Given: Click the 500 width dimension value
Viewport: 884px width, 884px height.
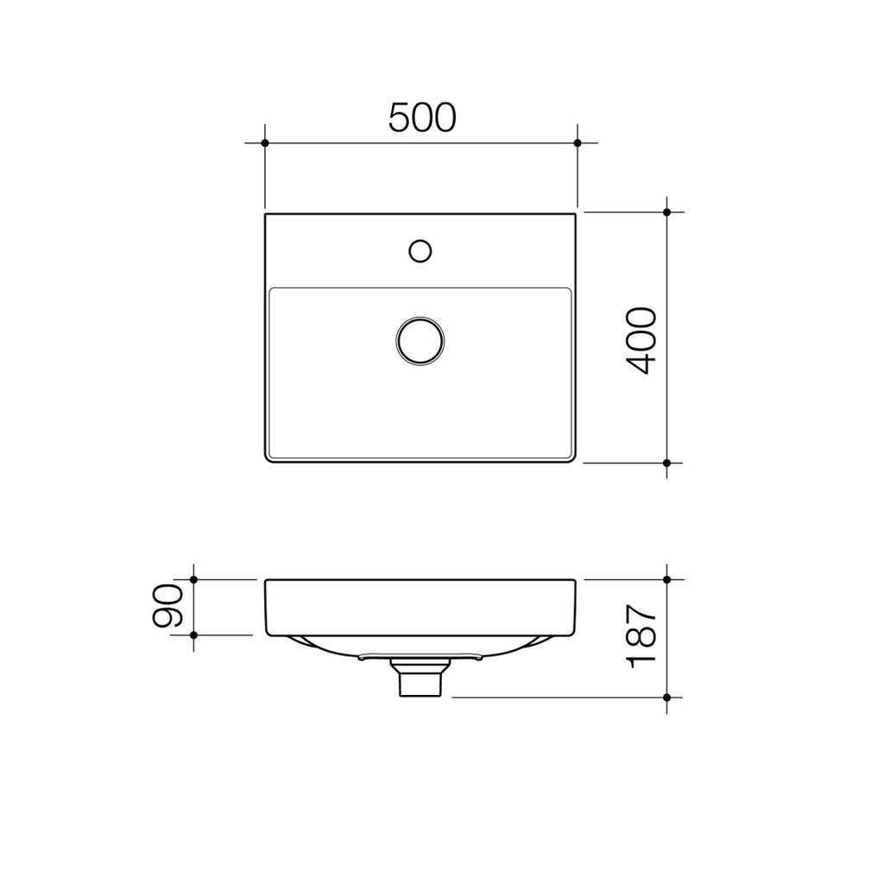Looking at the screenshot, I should pyautogui.click(x=421, y=117).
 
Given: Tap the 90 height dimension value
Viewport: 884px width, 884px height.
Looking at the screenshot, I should pyautogui.click(x=167, y=606).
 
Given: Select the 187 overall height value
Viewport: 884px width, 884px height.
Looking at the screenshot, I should pyautogui.click(x=642, y=637).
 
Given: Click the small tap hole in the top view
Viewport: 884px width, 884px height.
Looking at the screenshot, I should pyautogui.click(x=420, y=250).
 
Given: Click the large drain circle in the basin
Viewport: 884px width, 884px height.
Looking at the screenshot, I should pyautogui.click(x=420, y=340).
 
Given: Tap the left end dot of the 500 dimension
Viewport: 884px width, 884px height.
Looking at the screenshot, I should pyautogui.click(x=265, y=142).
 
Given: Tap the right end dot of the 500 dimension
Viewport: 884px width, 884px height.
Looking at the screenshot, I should pyautogui.click(x=578, y=142).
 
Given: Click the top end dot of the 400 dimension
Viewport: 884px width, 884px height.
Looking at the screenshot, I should pyautogui.click(x=667, y=212).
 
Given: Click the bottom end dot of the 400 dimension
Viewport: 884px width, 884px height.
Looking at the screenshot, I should pyautogui.click(x=667, y=464).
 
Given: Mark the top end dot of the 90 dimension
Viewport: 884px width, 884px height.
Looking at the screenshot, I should pyautogui.click(x=193, y=579).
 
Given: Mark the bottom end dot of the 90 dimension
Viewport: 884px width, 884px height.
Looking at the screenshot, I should pyautogui.click(x=193, y=635).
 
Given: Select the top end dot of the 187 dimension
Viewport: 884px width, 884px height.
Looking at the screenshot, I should pyautogui.click(x=667, y=579).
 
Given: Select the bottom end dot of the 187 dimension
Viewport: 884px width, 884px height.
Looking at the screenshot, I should pyautogui.click(x=667, y=697).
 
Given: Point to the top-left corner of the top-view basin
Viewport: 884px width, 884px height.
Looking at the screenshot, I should pyautogui.click(x=266, y=214).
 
